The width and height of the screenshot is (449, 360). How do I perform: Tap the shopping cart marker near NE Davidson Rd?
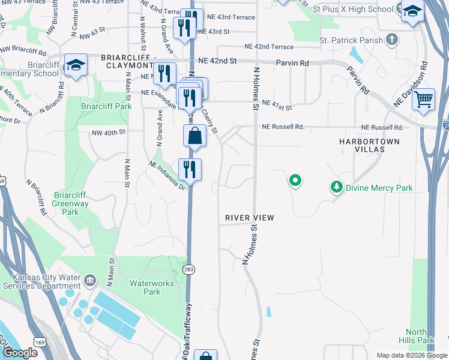coord(424,98)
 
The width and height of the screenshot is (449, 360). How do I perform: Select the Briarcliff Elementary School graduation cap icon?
coord(76,65)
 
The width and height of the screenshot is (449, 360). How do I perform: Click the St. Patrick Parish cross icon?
coord(391,40)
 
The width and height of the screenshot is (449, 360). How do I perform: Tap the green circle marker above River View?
coord(295,179)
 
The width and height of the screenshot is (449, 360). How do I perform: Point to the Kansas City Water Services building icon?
coord(89,280)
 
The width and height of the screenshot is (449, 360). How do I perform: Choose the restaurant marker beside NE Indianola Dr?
coord(190,169)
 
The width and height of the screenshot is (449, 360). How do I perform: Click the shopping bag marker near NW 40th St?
coord(195,136)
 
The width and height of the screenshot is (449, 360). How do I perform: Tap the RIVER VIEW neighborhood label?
coord(250,217)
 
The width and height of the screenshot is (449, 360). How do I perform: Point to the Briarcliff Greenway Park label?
coord(71,203)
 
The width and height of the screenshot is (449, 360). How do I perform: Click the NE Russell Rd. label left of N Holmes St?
coord(283,127)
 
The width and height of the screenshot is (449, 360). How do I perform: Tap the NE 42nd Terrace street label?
coord(269,47)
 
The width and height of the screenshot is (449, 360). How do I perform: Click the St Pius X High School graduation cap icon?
coord(412,11)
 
